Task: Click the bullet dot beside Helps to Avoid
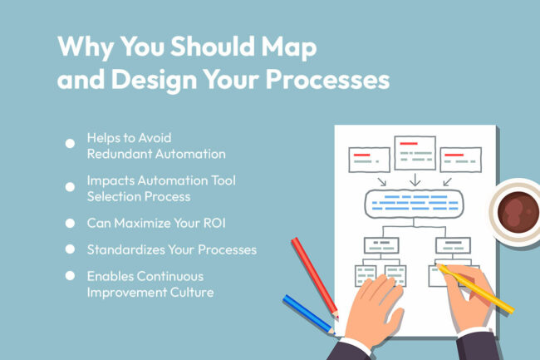pyautogui.click(x=70, y=143)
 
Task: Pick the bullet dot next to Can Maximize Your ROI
pyautogui.click(x=70, y=224)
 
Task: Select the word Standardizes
pyautogui.click(x=124, y=249)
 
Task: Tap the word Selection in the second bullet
pyautogui.click(x=114, y=197)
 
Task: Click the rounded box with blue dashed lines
pyautogui.click(x=414, y=203)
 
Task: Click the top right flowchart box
pyautogui.click(x=460, y=158)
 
